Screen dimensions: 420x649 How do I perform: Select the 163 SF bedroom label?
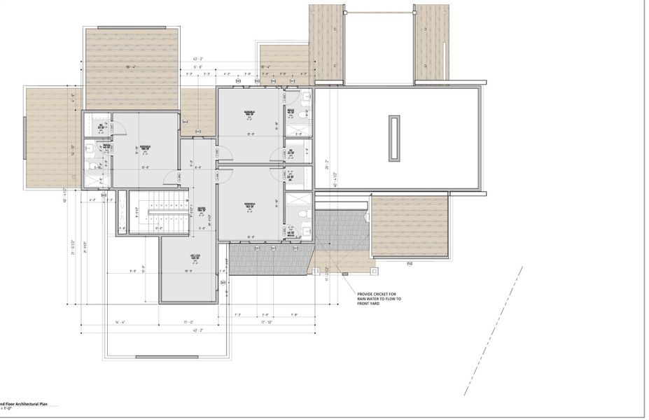249,206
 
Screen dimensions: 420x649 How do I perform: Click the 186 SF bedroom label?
146,148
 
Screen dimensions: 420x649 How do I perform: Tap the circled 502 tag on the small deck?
185,122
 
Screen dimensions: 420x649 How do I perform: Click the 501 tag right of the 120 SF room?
223,283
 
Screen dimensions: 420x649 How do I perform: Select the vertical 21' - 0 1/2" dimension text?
72,249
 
